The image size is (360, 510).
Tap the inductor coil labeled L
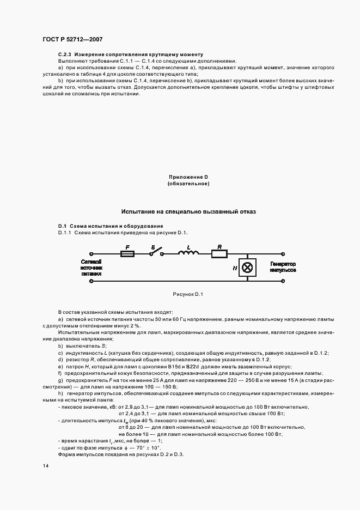[x=188, y=253]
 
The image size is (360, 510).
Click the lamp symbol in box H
[x=248, y=268]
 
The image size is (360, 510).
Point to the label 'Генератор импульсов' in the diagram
[x=282, y=267]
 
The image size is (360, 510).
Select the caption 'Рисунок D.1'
[x=188, y=295]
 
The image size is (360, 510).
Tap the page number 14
[x=46, y=466]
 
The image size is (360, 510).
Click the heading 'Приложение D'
[x=188, y=177]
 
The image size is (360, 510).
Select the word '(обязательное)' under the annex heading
[x=188, y=184]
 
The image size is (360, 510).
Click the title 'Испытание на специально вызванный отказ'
[x=188, y=211]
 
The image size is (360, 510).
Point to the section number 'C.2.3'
[x=65, y=55]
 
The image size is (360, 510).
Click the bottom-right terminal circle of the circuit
[x=282, y=282]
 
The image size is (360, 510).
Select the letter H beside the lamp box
[x=235, y=268]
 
